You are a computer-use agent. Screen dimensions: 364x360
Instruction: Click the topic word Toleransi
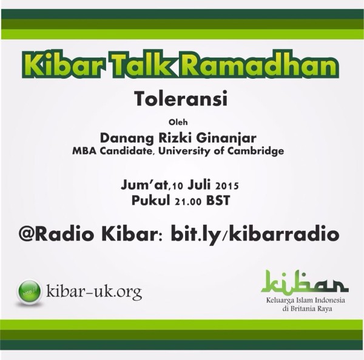click(x=181, y=99)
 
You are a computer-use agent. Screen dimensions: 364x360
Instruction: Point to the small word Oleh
click(x=178, y=122)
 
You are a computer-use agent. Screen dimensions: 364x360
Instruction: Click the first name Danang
click(x=127, y=138)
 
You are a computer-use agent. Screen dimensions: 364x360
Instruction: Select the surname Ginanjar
click(x=226, y=139)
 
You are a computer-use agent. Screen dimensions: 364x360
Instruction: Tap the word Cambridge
click(x=255, y=151)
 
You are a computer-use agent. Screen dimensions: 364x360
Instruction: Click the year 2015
click(x=227, y=186)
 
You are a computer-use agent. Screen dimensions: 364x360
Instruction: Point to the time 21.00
click(x=188, y=201)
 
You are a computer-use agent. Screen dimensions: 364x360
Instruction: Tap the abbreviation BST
click(x=218, y=201)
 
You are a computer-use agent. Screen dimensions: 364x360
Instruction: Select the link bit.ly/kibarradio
click(x=255, y=235)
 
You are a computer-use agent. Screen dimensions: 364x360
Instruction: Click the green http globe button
click(x=29, y=292)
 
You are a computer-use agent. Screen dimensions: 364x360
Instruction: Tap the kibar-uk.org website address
click(x=94, y=292)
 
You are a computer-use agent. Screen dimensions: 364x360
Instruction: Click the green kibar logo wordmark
click(x=305, y=281)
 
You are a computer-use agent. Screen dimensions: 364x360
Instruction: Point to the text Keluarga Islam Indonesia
click(x=306, y=301)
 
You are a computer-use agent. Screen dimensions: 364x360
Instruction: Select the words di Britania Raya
click(x=307, y=308)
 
